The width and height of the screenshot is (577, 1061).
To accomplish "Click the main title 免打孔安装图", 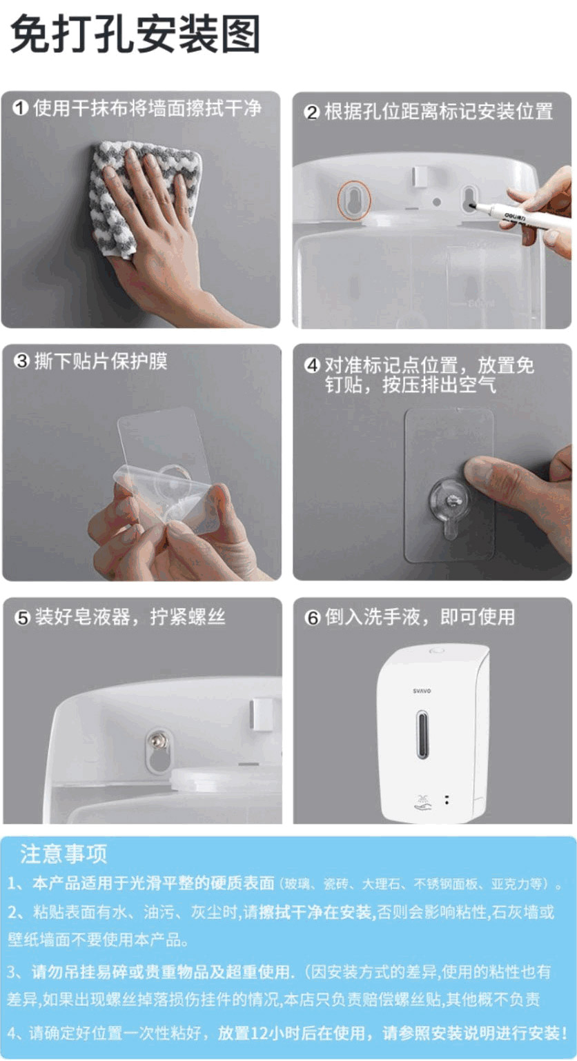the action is pyautogui.click(x=135, y=34).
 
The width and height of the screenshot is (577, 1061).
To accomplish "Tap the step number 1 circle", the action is pyautogui.click(x=20, y=108).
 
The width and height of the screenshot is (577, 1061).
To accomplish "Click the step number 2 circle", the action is pyautogui.click(x=311, y=113).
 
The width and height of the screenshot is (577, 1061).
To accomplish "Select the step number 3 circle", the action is pyautogui.click(x=22, y=361).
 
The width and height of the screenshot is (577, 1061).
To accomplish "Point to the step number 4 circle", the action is pyautogui.click(x=312, y=365).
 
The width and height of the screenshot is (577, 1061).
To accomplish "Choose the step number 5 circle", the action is pyautogui.click(x=23, y=618).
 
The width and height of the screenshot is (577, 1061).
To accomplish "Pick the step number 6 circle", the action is pyautogui.click(x=312, y=618).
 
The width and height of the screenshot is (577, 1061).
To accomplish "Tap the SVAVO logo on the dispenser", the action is pyautogui.click(x=422, y=691).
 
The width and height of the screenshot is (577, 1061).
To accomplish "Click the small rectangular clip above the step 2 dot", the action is pyautogui.click(x=419, y=176).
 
